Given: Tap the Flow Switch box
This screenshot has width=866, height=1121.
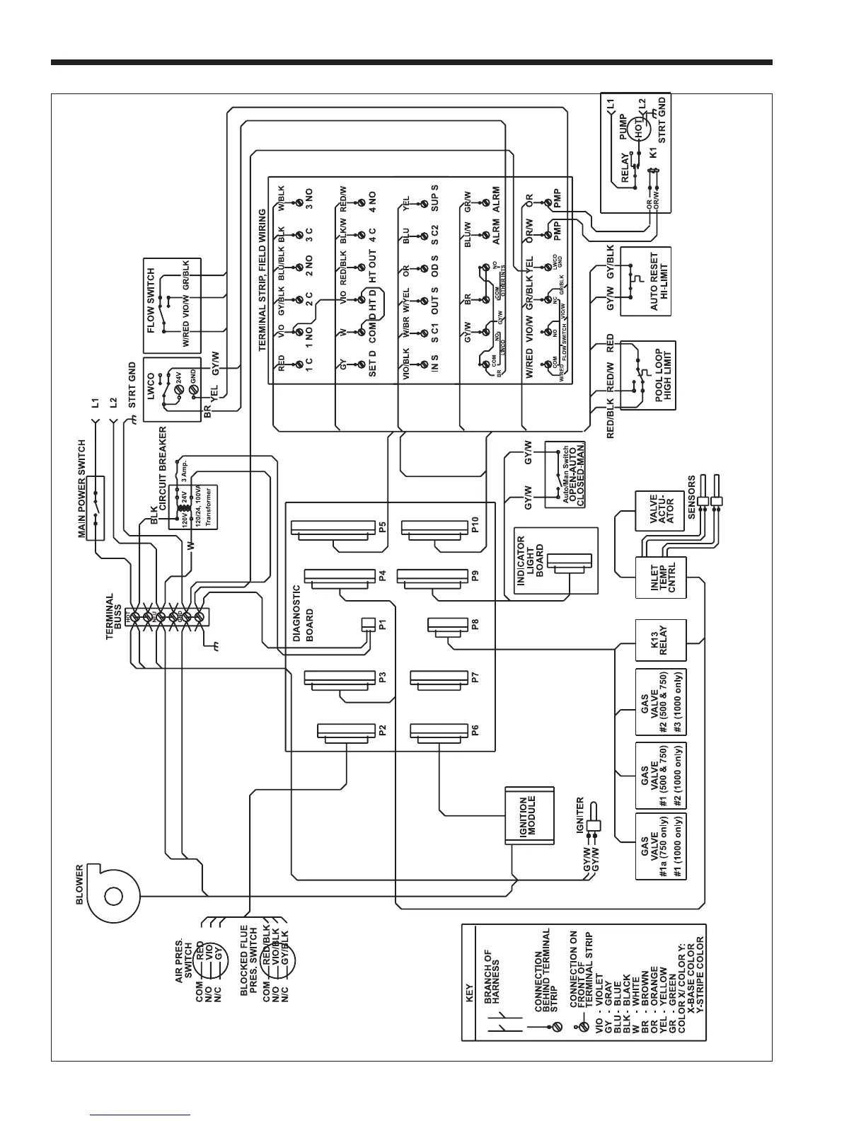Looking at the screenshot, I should point(172,306).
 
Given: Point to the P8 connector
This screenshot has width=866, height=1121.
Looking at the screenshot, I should point(446,626).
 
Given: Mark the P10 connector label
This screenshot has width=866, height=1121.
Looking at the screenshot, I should point(475,524).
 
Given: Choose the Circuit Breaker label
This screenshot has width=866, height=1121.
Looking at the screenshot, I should point(162,467).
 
